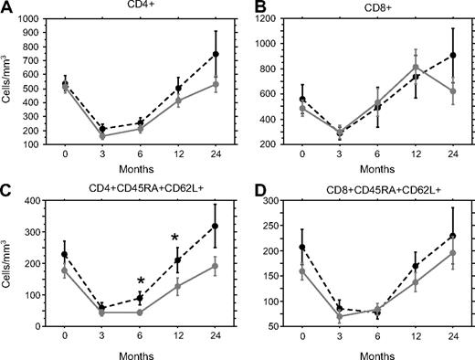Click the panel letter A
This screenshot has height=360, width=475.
coord(6,6)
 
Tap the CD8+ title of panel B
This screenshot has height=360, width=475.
coord(370,6)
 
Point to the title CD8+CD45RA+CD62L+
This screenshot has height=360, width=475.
coord(370,188)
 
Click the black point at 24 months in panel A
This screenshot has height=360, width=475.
coord(216,55)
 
